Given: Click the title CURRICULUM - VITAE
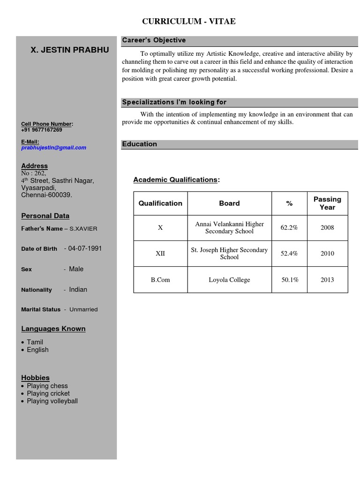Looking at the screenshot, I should (x=189, y=22).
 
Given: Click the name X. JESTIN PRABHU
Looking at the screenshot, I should (x=70, y=50).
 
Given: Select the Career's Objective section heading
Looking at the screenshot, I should (x=154, y=40).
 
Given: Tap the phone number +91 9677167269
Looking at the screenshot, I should (x=41, y=130).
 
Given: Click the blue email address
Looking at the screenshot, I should (x=53, y=148).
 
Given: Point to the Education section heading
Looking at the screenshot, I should (x=139, y=144).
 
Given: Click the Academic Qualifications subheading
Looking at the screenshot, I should (x=176, y=180).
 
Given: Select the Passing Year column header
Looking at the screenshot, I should (x=327, y=203).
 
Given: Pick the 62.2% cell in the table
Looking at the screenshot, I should (x=289, y=228).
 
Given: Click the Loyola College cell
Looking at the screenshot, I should (x=229, y=280).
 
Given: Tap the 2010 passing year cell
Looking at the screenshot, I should (x=327, y=254).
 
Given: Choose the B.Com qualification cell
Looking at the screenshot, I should (x=160, y=280).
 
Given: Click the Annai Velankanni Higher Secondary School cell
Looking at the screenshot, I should (x=229, y=228).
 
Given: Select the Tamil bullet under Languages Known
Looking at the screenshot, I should (x=35, y=342).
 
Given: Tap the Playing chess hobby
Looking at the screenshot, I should (x=47, y=386).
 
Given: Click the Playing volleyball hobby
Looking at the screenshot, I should (x=52, y=401).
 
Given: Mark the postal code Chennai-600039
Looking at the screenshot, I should (x=46, y=195).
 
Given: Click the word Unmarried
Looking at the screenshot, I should (x=83, y=309).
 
